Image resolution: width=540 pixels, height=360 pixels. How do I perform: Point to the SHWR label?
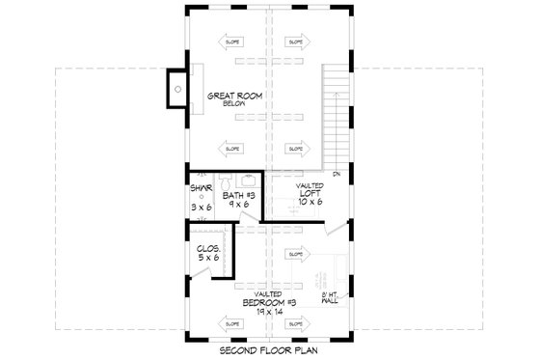(x=201, y=188)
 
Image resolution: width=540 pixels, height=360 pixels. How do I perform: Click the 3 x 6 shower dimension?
(x=201, y=208)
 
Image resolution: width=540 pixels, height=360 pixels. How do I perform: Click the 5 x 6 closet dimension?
(x=208, y=258)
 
